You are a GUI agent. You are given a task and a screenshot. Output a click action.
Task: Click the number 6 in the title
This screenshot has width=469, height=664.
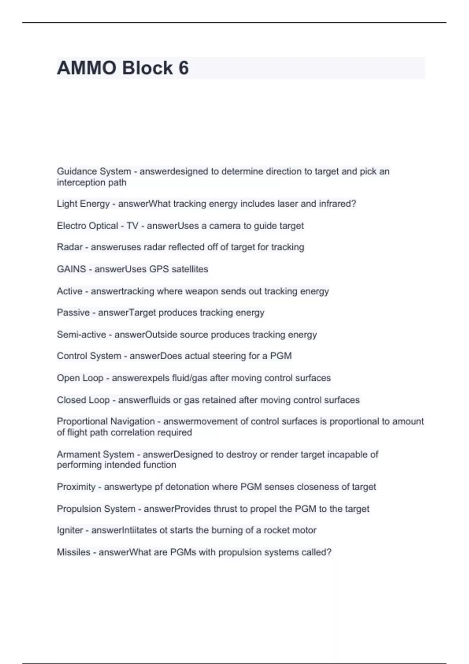pos(184,68)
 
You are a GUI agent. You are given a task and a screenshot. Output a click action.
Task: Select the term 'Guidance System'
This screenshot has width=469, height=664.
pos(94,171)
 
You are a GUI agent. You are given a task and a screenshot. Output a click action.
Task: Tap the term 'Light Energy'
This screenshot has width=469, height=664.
pos(83,204)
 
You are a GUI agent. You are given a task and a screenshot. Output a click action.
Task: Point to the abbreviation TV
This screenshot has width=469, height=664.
pos(132,226)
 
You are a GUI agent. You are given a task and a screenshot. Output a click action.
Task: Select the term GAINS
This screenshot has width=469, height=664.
pos(71,269)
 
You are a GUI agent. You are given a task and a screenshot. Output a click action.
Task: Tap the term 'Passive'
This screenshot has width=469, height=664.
pos(73,312)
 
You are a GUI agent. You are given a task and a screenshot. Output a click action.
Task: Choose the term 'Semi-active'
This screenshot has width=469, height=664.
pos(81,335)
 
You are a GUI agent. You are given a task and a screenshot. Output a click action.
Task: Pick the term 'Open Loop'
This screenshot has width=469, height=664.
pos(80,378)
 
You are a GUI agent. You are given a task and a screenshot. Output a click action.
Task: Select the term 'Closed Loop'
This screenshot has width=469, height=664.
pos(83,400)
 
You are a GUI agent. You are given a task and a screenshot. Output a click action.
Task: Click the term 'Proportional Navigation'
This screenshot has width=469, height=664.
pos(106,421)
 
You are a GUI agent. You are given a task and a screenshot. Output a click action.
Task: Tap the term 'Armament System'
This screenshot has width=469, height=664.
pos(95,454)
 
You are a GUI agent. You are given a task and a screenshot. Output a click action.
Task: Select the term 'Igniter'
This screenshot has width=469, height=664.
pos(70,530)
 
